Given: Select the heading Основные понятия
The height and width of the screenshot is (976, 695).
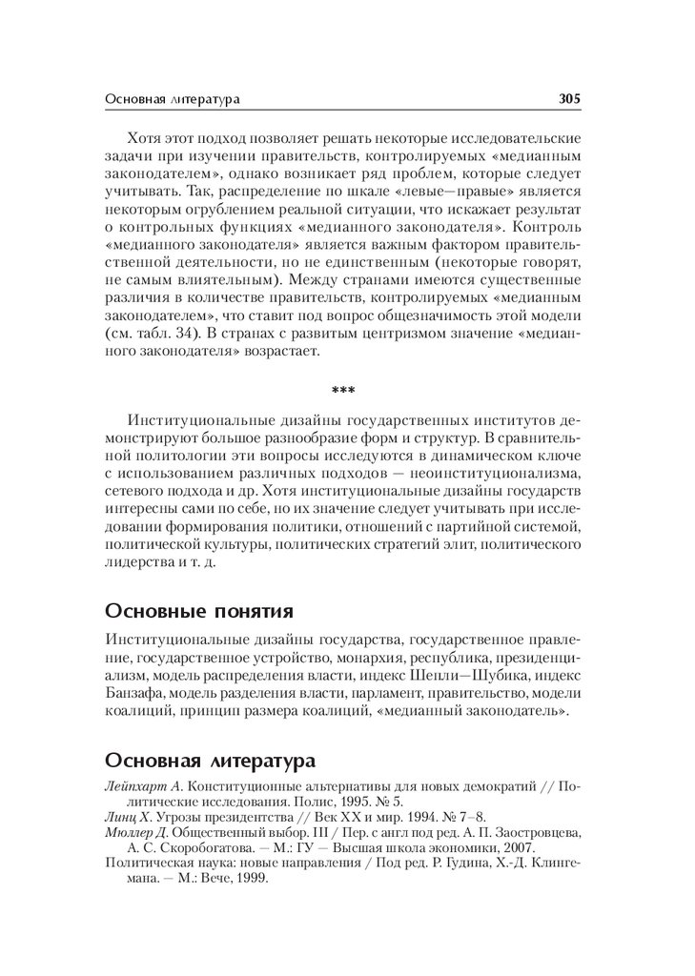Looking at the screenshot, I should tap(198, 610).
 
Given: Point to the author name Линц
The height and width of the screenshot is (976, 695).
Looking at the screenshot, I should tap(122, 818).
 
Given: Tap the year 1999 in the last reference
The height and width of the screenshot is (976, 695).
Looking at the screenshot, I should tap(252, 879).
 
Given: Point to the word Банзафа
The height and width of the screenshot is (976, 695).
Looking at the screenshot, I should tap(132, 692).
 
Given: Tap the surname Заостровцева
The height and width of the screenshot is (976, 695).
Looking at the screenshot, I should tap(533, 833).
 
